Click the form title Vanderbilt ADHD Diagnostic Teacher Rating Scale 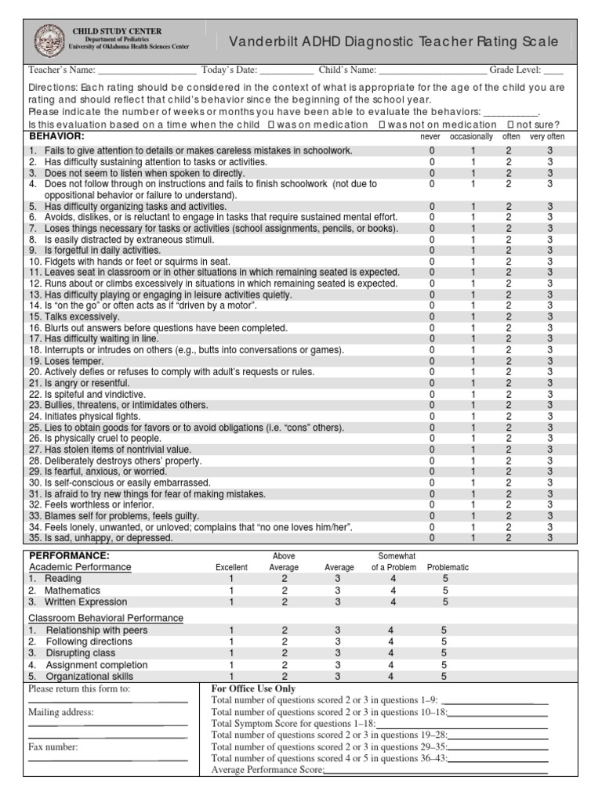394,42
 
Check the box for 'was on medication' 271,125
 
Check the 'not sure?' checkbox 511,125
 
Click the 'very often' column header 546,136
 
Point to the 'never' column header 431,136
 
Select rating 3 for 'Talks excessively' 550,317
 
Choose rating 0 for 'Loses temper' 431,362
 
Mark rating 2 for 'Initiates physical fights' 508,417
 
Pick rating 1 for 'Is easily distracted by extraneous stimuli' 473,240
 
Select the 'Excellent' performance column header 231,567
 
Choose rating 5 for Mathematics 445,591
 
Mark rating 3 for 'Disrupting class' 338,652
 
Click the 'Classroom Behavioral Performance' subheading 106,618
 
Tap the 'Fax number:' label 53,747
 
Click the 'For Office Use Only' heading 253,688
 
